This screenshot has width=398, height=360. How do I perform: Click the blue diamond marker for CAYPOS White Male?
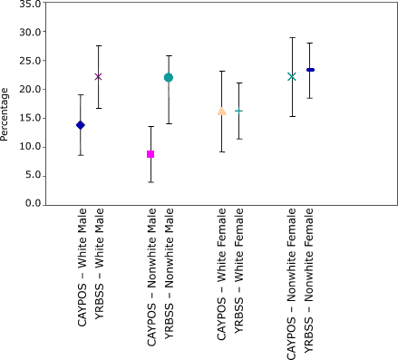point(81,125)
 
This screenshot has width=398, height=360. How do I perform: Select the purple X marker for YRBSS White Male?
point(98,76)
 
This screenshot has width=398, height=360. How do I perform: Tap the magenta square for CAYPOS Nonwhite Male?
point(150,154)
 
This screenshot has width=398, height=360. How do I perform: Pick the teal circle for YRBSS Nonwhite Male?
point(169,78)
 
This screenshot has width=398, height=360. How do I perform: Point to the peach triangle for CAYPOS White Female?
point(221,112)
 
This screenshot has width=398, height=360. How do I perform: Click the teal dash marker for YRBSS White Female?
point(238,111)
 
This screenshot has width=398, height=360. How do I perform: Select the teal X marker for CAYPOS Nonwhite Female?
point(292,76)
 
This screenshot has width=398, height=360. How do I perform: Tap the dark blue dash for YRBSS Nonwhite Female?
point(310,70)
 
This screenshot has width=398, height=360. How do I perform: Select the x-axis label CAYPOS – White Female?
point(221,266)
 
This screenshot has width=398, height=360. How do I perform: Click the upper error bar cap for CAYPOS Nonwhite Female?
point(292,38)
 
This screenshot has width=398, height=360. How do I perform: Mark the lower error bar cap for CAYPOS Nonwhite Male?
point(150,182)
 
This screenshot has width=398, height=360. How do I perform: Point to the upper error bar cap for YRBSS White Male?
point(98,45)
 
